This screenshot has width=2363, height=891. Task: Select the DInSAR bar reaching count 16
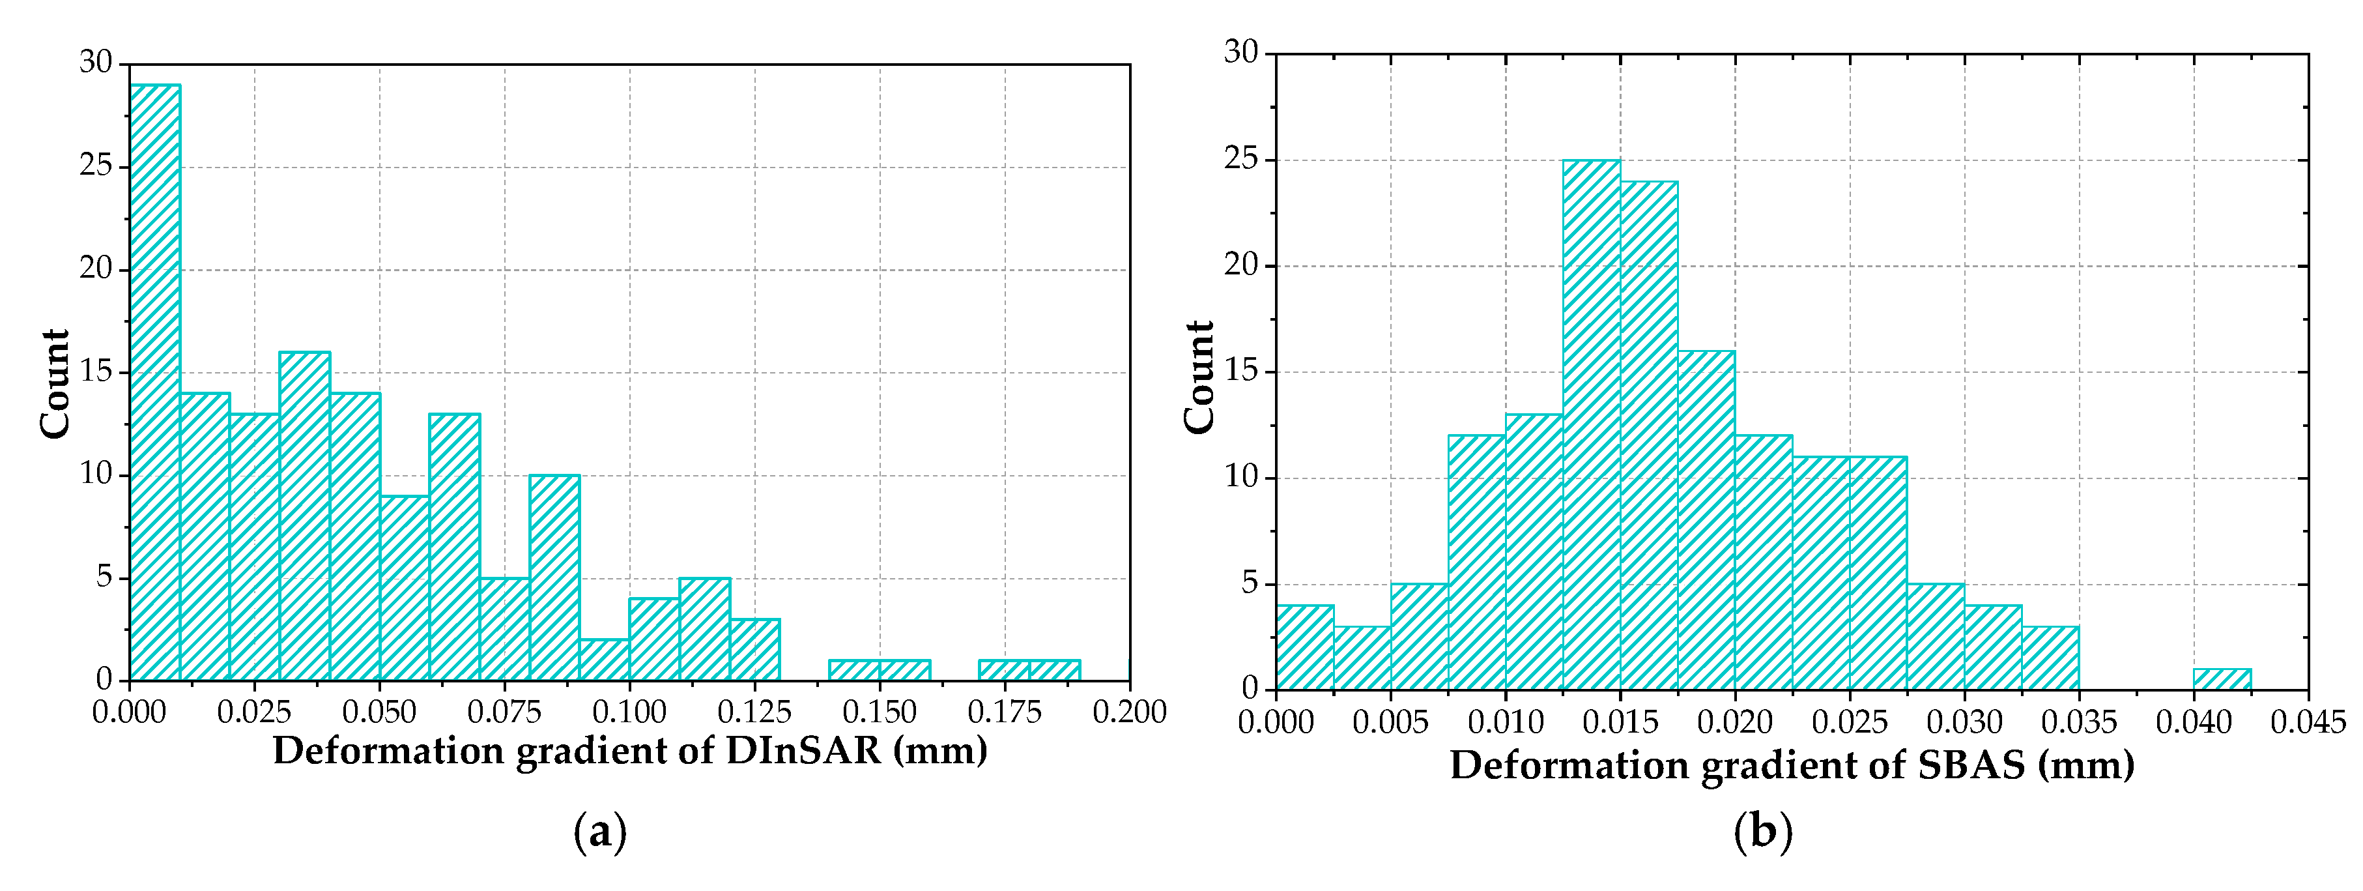pos(304,514)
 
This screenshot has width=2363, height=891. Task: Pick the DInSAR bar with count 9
pos(405,587)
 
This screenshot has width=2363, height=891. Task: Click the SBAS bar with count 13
pos(1534,551)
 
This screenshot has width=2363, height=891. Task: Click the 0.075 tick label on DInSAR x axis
pos(504,712)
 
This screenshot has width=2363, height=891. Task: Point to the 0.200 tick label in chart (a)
pos(1128,712)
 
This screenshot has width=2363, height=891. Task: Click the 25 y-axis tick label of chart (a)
pos(95,166)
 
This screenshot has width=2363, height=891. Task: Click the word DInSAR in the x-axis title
pos(803,752)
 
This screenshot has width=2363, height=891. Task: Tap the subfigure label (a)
pos(600,832)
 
